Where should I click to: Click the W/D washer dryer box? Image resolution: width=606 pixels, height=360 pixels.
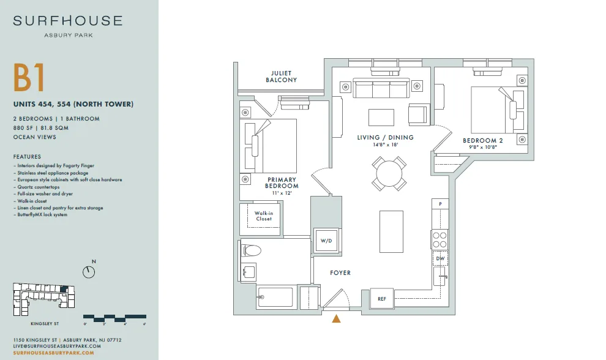pyautogui.click(x=327, y=241)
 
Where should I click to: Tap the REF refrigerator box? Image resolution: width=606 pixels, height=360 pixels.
pyautogui.click(x=382, y=299)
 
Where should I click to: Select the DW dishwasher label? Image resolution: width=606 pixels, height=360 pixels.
pyautogui.click(x=440, y=258)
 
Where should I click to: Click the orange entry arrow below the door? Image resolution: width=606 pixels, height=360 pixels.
pyautogui.click(x=336, y=318)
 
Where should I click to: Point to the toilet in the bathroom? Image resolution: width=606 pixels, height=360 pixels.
pyautogui.click(x=250, y=250)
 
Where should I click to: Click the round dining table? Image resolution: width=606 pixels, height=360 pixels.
pyautogui.click(x=389, y=173)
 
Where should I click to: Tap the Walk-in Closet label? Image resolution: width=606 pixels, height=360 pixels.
pyautogui.click(x=264, y=216)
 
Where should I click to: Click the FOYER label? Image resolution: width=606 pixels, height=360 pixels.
pyautogui.click(x=340, y=272)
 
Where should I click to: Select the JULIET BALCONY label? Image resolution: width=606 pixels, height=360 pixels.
pyautogui.click(x=281, y=77)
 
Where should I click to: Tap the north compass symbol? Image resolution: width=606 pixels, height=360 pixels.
pyautogui.click(x=89, y=272)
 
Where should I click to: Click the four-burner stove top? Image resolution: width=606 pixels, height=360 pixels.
pyautogui.click(x=440, y=239)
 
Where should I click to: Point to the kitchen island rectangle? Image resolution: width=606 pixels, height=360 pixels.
pyautogui.click(x=392, y=231)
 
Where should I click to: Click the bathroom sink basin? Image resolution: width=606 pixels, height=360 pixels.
pyautogui.click(x=249, y=272)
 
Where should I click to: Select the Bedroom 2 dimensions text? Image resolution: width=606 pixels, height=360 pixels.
pyautogui.click(x=483, y=148)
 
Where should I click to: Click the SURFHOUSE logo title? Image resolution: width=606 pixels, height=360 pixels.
pyautogui.click(x=68, y=20)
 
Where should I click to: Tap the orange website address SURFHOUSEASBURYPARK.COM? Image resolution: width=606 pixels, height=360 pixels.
pyautogui.click(x=54, y=353)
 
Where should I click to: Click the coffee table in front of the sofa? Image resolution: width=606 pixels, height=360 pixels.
pyautogui.click(x=381, y=118)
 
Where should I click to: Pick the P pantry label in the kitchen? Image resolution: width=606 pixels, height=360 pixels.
pyautogui.click(x=440, y=204)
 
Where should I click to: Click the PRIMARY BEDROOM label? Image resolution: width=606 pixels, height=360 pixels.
pyautogui.click(x=282, y=182)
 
